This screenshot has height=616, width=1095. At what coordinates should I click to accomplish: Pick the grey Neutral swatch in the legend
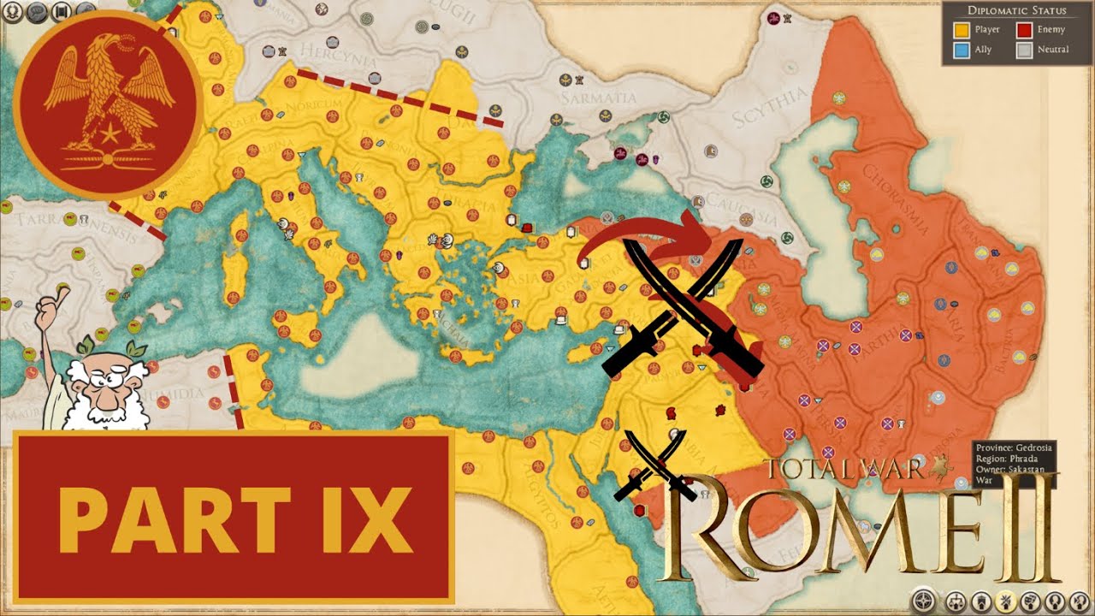click(x=1024, y=50)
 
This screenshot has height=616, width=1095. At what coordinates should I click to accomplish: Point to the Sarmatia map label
click(x=600, y=98)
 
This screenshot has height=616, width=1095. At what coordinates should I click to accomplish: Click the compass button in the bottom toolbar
click(x=924, y=601)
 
